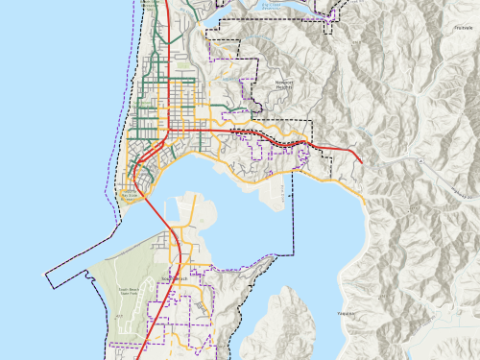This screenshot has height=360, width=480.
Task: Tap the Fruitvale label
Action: [451, 28]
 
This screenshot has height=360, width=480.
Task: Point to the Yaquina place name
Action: [347, 313]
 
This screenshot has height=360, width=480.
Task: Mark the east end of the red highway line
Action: [361, 163]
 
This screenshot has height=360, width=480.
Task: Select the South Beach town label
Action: [175, 279]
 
